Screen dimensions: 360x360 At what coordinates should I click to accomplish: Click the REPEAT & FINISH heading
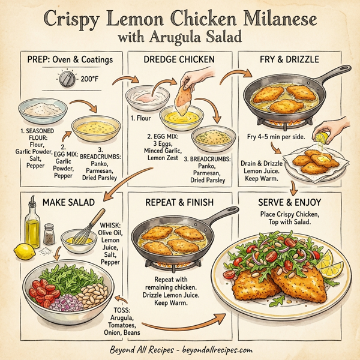click(180, 202)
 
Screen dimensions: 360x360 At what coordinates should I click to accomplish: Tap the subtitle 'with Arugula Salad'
click(180, 37)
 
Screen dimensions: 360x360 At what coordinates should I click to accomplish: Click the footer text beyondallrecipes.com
click(216, 349)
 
